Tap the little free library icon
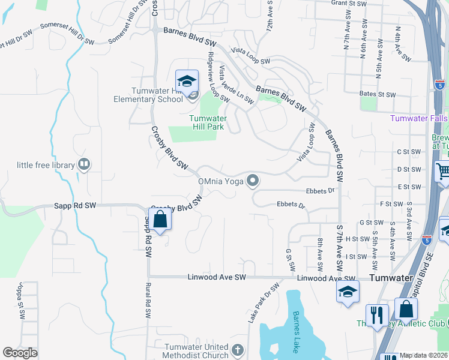point(85,164)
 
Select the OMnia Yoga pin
point(253,180)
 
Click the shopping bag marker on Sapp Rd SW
point(161,219)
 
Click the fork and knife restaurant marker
point(377,314)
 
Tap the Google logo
point(20,353)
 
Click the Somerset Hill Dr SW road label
point(68,34)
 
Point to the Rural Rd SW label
point(146,301)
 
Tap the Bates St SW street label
point(378,95)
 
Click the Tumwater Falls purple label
point(419,118)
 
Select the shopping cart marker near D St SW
point(442,172)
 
